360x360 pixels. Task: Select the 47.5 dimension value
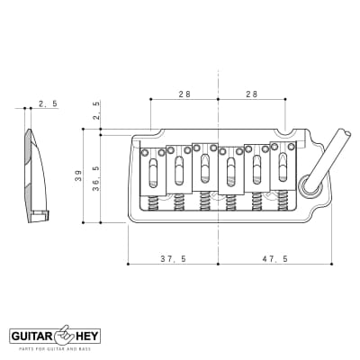[274, 258]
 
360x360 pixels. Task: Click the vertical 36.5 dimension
[97, 175]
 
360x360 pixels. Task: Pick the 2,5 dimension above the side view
[47, 104]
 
